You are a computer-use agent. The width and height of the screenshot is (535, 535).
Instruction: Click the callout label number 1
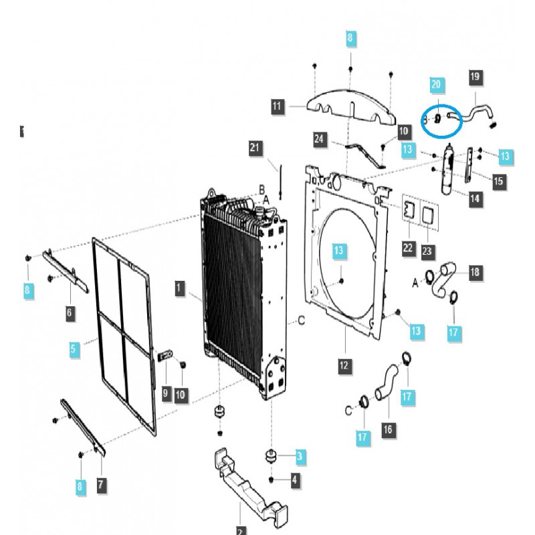(179, 288)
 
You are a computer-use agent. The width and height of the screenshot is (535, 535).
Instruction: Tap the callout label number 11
(278, 106)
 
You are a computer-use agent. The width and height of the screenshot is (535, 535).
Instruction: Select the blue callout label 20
(436, 84)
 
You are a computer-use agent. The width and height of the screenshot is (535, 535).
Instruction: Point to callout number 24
(319, 139)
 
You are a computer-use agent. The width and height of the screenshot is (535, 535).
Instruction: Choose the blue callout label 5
(75, 348)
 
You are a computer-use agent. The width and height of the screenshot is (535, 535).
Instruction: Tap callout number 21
(254, 148)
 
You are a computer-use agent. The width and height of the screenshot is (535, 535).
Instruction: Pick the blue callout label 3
(300, 457)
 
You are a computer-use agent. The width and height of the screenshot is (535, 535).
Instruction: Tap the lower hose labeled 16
(386, 384)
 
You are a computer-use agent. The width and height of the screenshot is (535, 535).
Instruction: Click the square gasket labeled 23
(429, 213)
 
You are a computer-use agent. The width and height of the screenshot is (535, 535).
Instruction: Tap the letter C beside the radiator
(302, 321)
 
